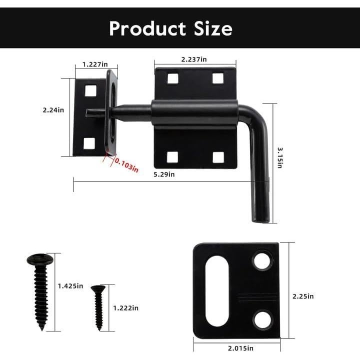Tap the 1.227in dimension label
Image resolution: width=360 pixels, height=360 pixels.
(96, 65)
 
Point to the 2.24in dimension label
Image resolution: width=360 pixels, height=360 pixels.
(53, 110)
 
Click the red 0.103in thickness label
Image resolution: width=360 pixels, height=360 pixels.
(126, 165)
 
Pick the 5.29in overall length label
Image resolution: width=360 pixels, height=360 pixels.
(164, 174)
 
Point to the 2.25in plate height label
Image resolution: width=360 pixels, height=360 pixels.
(303, 296)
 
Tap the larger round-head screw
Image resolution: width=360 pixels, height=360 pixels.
(40, 290)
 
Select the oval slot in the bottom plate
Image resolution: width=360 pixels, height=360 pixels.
(217, 291)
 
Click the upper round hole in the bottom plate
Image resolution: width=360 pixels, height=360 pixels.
(262, 261)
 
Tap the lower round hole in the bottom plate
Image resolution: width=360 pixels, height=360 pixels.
(262, 319)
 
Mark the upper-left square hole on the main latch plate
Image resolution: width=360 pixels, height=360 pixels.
(172, 78)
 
